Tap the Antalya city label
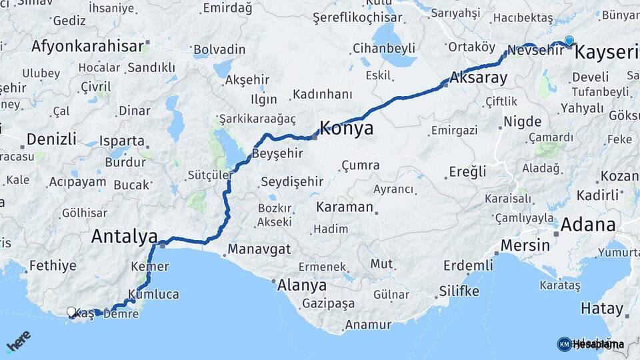[x=124, y=236]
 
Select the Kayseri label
[x=607, y=53]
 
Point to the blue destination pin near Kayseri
[x=569, y=41]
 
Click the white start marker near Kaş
[x=71, y=311]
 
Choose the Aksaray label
[x=479, y=77]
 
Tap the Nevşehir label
[x=531, y=50]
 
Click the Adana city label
[x=588, y=224]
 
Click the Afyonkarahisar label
[x=87, y=46]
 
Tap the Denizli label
[x=51, y=139]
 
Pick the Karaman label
[x=345, y=207]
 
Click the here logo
[x=18, y=341]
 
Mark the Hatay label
[x=602, y=309]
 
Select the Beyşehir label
[x=277, y=153]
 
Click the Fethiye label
[x=53, y=265]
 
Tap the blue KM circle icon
[x=564, y=344]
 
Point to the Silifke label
[x=459, y=291]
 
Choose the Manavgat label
[x=259, y=249]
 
